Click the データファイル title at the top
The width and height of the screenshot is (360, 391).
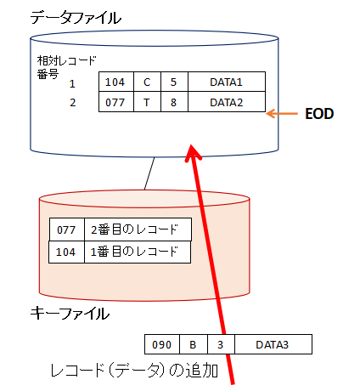coord(76,18)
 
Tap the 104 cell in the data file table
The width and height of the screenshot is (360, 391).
coord(116,82)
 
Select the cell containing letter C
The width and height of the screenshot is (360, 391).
coord(147,82)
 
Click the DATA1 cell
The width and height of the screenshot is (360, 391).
coord(227,82)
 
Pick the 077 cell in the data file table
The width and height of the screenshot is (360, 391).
coord(116,102)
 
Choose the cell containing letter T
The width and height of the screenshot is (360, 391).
coord(147,102)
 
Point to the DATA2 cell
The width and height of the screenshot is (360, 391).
coord(227,102)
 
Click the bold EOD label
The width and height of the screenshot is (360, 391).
coord(319,114)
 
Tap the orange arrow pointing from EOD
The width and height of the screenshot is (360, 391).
coord(282,114)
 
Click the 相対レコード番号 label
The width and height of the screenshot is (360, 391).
coord(66,67)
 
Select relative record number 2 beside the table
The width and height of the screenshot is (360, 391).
coord(73,103)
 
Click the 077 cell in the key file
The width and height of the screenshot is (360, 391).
coord(67,229)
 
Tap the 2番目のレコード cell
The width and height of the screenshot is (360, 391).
coord(138,229)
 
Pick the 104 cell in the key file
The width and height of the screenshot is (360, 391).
coord(66,252)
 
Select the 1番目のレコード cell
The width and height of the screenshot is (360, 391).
coord(138,252)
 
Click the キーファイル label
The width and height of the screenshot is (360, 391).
coord(70,314)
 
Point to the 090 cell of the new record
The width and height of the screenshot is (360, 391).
coord(162,344)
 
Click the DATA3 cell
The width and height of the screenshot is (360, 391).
coord(273,344)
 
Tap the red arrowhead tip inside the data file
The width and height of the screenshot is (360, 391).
coord(192,145)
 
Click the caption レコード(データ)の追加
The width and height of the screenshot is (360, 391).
coord(134,371)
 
